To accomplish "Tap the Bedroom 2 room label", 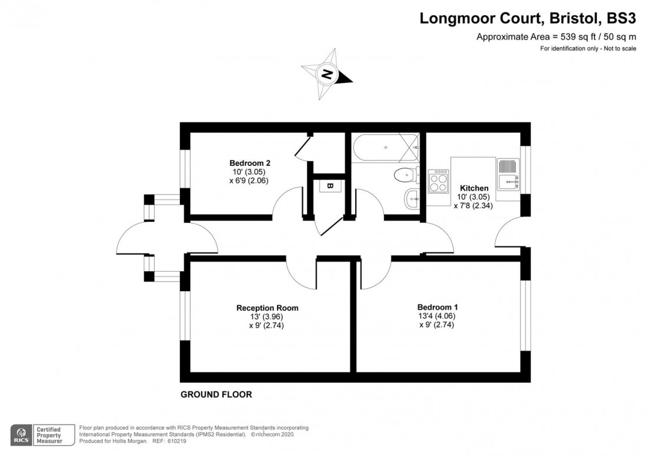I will [249, 163].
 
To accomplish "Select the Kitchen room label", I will [474, 188].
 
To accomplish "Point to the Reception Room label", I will [267, 308].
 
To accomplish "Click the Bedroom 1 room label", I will [438, 307].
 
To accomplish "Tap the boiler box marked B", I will [329, 186].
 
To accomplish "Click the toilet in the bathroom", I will [405, 175].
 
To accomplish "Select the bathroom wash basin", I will [411, 199].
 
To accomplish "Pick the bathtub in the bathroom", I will [385, 148].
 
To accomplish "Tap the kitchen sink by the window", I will [507, 175].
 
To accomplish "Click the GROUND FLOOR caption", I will [216, 395].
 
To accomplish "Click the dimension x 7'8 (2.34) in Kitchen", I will [473, 206].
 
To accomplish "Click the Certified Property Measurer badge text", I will [49, 435].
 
